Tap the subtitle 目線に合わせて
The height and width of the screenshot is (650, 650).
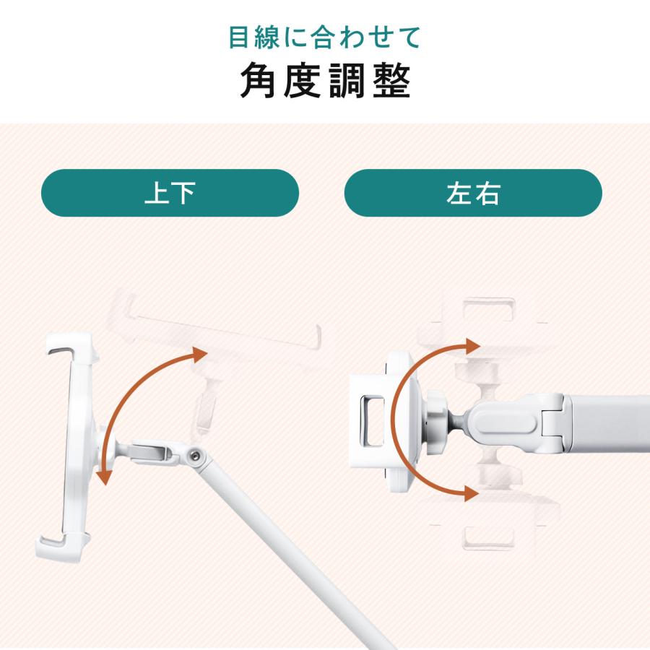325,36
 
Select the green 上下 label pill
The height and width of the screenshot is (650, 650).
170,193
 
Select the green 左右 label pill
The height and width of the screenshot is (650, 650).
473,193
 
